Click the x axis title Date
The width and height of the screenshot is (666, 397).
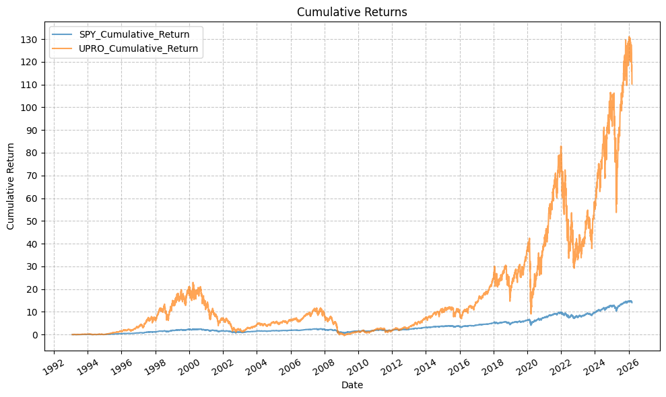pos(352,385)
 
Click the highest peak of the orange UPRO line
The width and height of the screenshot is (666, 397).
pos(629,37)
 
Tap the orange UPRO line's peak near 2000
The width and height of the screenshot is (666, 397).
pos(193,283)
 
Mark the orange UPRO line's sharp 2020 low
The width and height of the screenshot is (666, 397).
pos(531,314)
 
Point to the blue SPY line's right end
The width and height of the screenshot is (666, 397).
pos(632,303)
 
